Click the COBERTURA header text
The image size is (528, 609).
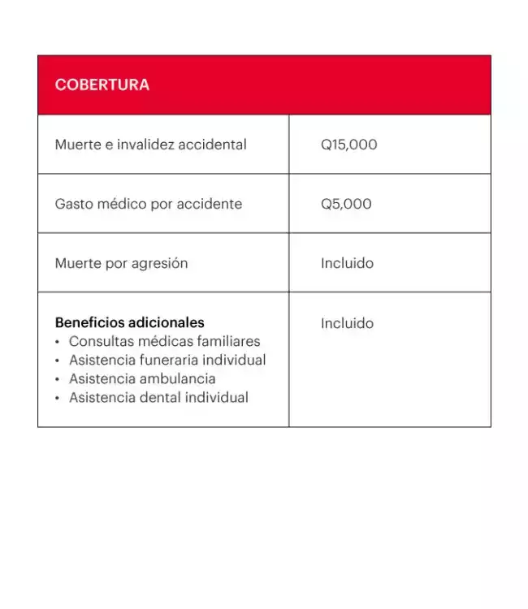click(102, 85)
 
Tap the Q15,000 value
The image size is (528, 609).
click(348, 145)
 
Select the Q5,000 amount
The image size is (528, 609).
click(346, 204)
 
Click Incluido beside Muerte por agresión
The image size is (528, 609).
click(347, 263)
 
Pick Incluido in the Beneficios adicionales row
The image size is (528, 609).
click(347, 323)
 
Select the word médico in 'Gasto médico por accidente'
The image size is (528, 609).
click(122, 204)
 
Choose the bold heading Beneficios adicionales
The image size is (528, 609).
click(129, 322)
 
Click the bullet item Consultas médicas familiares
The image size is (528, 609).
click(164, 341)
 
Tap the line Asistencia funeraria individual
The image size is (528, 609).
click(167, 360)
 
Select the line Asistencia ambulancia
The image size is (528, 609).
click(142, 378)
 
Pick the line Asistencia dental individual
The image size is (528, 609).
click(158, 397)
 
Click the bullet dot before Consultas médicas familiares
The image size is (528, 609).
click(58, 342)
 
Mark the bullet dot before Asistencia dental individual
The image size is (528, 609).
click(58, 398)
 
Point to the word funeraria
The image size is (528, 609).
click(168, 360)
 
